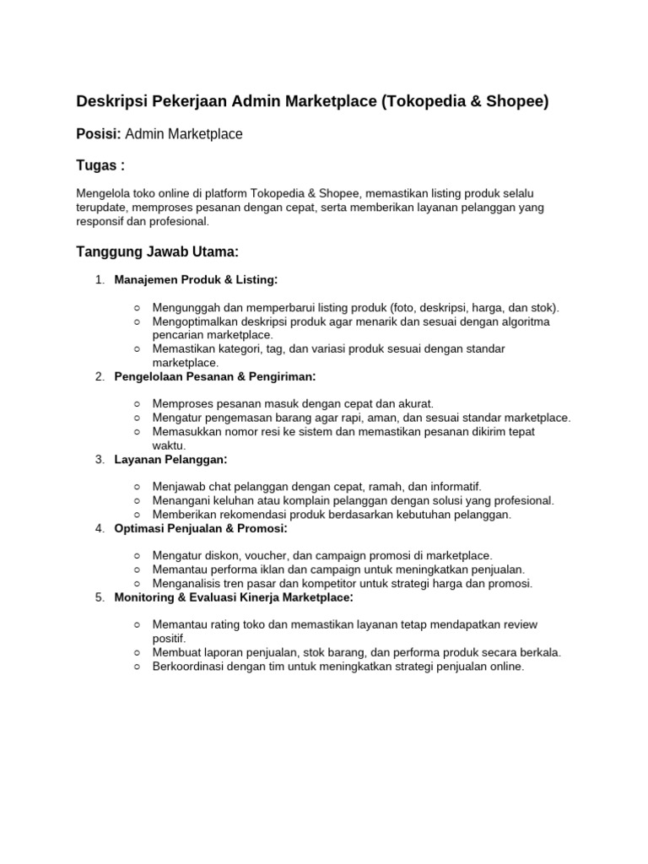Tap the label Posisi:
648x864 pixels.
click(99, 134)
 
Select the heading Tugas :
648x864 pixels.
click(100, 165)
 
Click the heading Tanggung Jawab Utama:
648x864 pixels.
click(158, 251)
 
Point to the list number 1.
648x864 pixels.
click(99, 279)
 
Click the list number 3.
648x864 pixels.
click(99, 459)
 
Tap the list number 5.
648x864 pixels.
click(99, 597)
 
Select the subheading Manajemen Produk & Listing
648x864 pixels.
click(195, 279)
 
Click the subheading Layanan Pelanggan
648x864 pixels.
click(170, 459)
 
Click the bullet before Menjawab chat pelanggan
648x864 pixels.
click(137, 487)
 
